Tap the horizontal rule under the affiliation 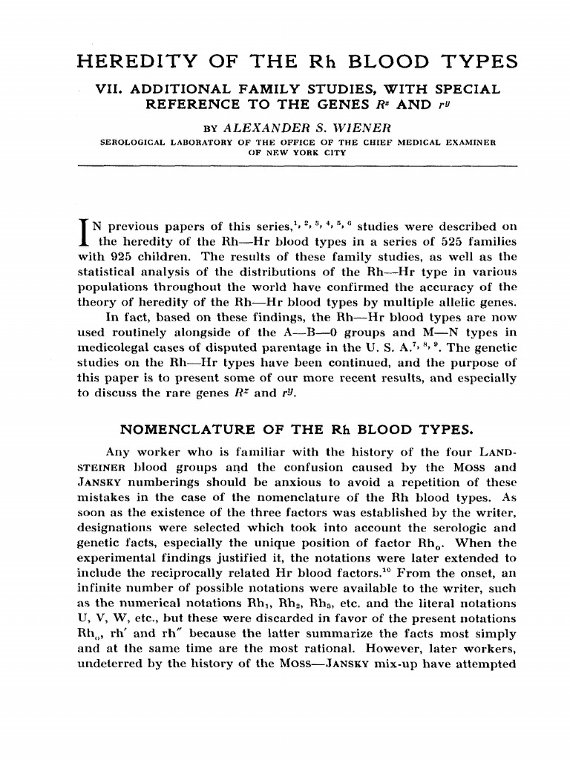[285, 168]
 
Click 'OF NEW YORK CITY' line [286, 151]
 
